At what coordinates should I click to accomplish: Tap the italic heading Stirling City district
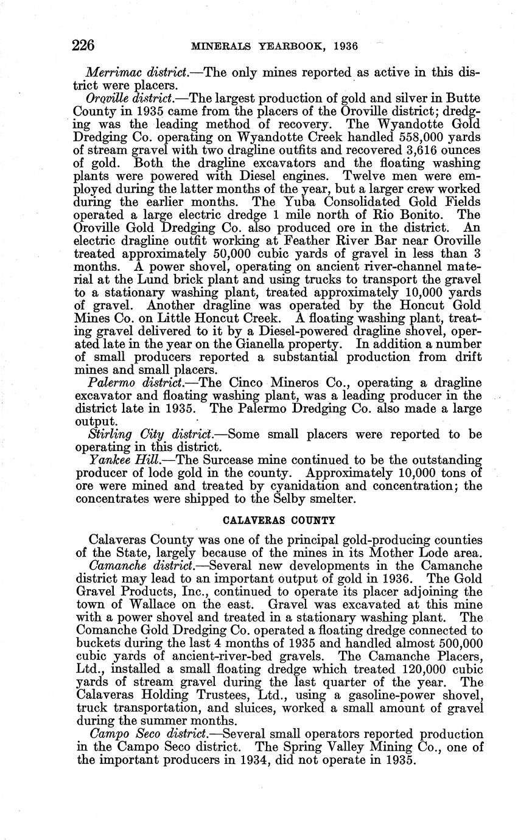point(155,434)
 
